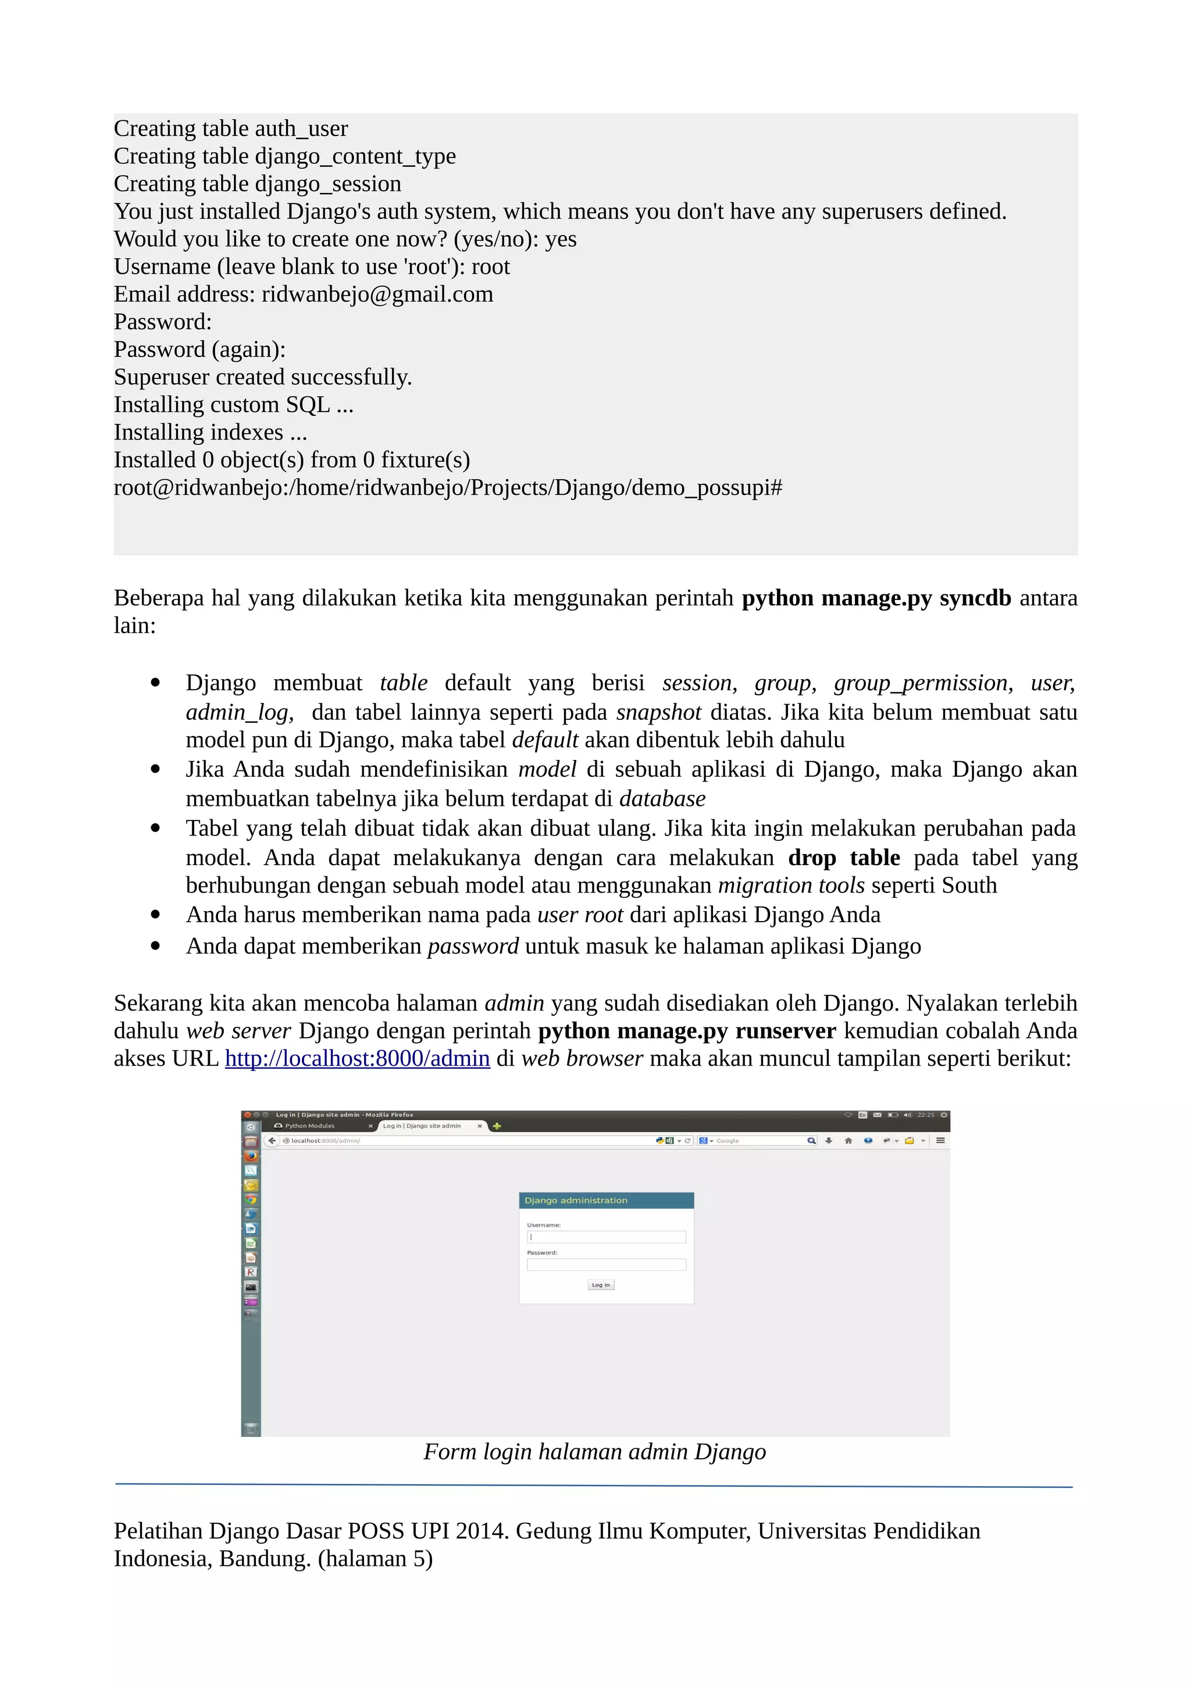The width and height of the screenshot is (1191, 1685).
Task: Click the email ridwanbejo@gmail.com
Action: tap(377, 294)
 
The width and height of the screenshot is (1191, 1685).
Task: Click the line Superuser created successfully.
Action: tap(263, 377)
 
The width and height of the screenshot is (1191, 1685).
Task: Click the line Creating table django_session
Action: tap(257, 184)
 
